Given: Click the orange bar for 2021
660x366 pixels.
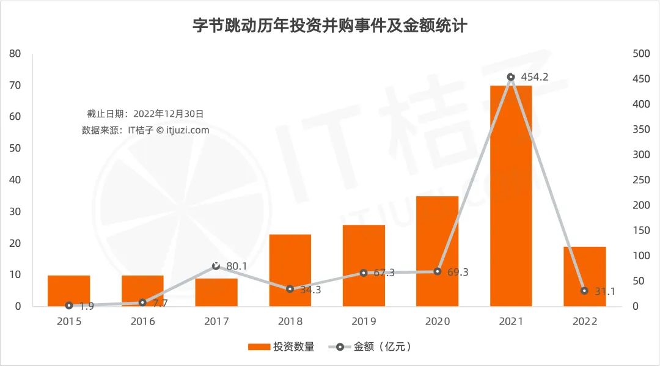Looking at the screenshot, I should tap(511, 196).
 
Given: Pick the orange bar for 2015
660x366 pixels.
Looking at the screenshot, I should tap(68, 291).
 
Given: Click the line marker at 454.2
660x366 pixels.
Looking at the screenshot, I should tap(511, 77).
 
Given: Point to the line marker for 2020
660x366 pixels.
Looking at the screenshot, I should tap(438, 271).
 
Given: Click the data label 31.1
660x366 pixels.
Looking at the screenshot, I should tap(605, 292).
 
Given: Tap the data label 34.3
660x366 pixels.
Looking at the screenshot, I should tap(310, 290).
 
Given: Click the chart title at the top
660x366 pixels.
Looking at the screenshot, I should tap(330, 26).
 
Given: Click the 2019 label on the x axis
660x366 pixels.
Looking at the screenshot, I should tap(364, 322).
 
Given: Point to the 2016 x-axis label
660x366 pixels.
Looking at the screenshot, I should tap(142, 322).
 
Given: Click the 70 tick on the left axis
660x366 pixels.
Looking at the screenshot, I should tap(15, 85).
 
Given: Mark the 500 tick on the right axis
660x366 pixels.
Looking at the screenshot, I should tap(640, 54).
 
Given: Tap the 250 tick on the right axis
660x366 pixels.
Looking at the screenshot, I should tap(640, 180).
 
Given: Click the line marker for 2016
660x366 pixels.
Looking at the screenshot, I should tap(142, 302).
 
